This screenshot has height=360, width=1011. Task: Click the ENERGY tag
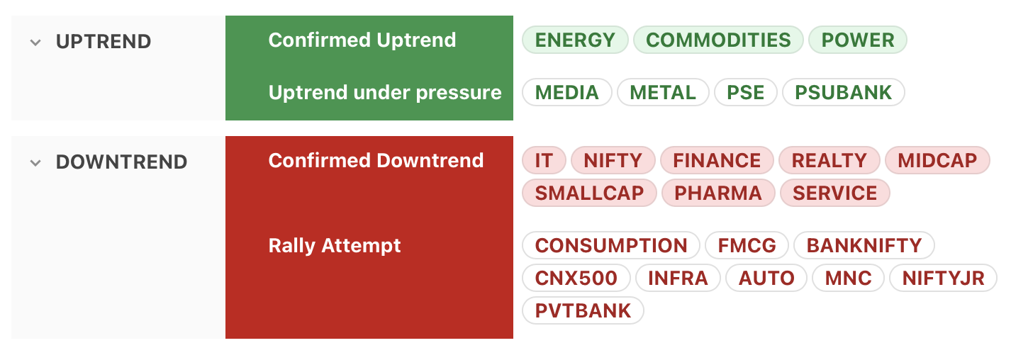pyautogui.click(x=575, y=40)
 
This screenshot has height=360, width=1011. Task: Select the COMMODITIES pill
pyautogui.click(x=718, y=40)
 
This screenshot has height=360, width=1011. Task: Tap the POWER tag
pyautogui.click(x=858, y=40)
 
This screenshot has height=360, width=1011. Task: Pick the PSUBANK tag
pyautogui.click(x=843, y=93)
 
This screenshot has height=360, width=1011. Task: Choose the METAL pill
pyautogui.click(x=663, y=93)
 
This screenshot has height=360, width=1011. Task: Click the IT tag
pyautogui.click(x=544, y=160)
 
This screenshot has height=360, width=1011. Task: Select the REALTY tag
pyautogui.click(x=829, y=160)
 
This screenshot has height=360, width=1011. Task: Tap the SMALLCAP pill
pyautogui.click(x=589, y=193)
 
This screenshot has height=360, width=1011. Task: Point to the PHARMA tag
pyautogui.click(x=718, y=193)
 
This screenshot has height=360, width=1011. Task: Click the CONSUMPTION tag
pyautogui.click(x=610, y=245)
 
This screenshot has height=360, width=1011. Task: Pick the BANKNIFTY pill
pyautogui.click(x=864, y=245)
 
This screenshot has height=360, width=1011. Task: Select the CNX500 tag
pyautogui.click(x=576, y=278)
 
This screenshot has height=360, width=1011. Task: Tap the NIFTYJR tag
pyautogui.click(x=943, y=278)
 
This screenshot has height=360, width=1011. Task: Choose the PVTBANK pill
pyautogui.click(x=583, y=310)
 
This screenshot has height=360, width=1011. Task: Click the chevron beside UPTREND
pyautogui.click(x=35, y=43)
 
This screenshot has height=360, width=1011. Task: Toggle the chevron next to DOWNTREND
pyautogui.click(x=35, y=163)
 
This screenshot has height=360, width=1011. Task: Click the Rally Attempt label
pyautogui.click(x=335, y=246)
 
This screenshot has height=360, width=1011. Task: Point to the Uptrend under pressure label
pyautogui.click(x=385, y=93)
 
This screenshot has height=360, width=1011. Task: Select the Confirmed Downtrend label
pyautogui.click(x=376, y=160)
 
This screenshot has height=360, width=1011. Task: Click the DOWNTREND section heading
pyautogui.click(x=121, y=162)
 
